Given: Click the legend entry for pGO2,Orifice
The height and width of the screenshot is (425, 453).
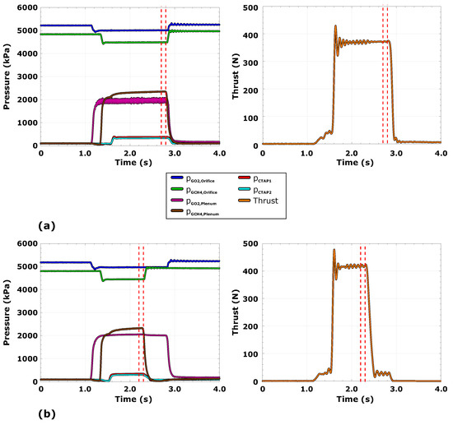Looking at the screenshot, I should click(x=203, y=178).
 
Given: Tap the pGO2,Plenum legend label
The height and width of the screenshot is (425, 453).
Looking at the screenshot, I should click(x=203, y=203).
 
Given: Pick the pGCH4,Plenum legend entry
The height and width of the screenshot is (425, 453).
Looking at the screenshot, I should click(x=203, y=215).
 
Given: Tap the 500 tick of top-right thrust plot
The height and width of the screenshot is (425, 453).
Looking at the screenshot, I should click(x=257, y=7).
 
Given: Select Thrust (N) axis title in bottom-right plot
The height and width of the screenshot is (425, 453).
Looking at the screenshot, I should click(x=243, y=312).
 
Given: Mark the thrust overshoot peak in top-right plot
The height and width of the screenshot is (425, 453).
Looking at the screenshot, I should click(x=335, y=25).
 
